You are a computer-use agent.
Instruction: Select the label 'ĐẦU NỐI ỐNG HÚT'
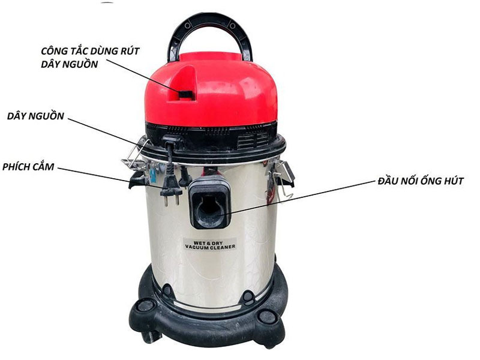click(x=421, y=181)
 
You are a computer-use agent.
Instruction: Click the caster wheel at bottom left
click(x=144, y=306)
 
